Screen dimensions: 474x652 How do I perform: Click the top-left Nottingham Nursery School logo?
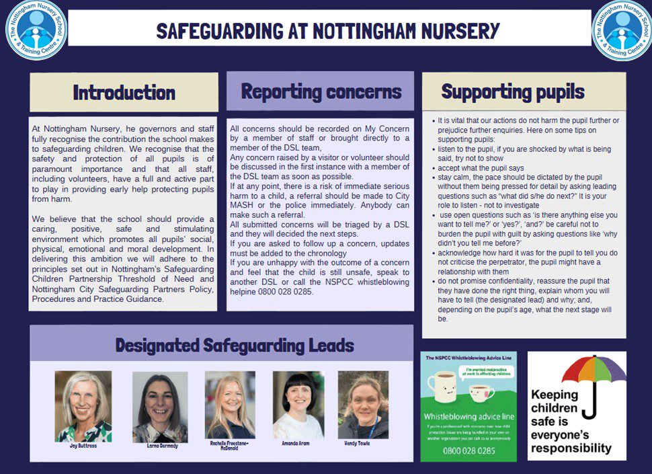[36, 29]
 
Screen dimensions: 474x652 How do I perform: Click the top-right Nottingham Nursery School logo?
[622, 29]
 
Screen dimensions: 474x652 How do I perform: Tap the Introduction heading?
[124, 92]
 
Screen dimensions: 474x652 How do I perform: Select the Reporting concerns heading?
[321, 91]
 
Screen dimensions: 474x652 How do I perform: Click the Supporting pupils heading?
[513, 91]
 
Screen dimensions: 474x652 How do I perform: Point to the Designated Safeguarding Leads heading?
[234, 346]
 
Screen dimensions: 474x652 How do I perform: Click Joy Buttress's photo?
[83, 406]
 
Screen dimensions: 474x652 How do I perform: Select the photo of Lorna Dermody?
[160, 406]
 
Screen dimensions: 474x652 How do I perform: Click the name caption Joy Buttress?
[83, 446]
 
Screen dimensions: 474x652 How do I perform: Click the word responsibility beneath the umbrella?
[571, 447]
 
